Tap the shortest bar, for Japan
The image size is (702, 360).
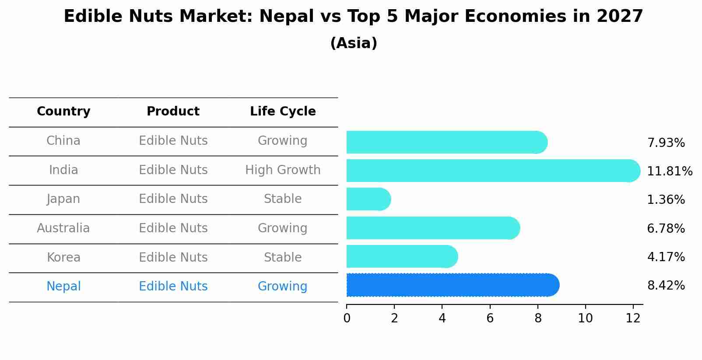pyautogui.click(x=368, y=199)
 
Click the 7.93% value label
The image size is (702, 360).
pyautogui.click(x=666, y=143)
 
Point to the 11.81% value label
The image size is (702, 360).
pyautogui.click(x=669, y=171)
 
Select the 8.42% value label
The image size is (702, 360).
pyautogui.click(x=666, y=286)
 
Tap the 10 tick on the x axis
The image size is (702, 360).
pyautogui.click(x=585, y=318)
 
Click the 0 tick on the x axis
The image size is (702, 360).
pyautogui.click(x=347, y=318)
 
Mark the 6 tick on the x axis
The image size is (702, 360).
pyautogui.click(x=490, y=318)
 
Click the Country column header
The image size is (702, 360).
pyautogui.click(x=63, y=112)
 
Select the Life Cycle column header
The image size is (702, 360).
pyautogui.click(x=283, y=112)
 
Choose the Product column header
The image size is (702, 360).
pyautogui.click(x=173, y=112)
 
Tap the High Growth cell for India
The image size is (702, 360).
pyautogui.click(x=283, y=170)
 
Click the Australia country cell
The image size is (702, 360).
pyautogui.click(x=63, y=228)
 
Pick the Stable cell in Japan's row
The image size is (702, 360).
pyautogui.click(x=283, y=199)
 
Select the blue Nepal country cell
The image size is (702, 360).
pyautogui.click(x=63, y=287)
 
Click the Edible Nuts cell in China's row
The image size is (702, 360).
pyautogui.click(x=173, y=141)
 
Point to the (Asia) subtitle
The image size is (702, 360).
pyautogui.click(x=354, y=43)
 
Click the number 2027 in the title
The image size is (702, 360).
pyautogui.click(x=620, y=17)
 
